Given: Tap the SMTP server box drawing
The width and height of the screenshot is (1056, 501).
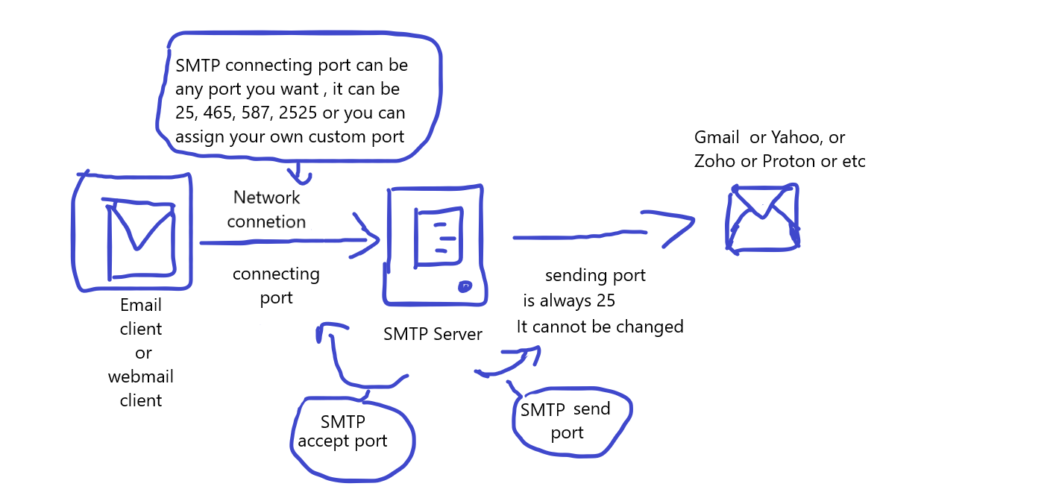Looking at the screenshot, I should click(x=436, y=246).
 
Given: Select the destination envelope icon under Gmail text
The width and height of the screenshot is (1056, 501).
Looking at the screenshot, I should click(x=762, y=218).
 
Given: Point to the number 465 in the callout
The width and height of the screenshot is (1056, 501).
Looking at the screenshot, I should click(x=218, y=113).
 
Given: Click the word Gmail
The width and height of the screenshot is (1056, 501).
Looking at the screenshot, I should click(x=717, y=138).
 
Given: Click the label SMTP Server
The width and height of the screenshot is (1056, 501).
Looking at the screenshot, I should click(x=433, y=334).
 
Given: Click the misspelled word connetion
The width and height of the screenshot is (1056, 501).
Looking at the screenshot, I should click(x=266, y=221).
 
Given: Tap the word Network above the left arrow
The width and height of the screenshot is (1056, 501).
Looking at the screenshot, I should click(x=266, y=198).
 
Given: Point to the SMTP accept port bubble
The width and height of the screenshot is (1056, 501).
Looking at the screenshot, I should click(x=351, y=436).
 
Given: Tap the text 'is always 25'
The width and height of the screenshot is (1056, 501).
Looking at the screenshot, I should click(x=568, y=301).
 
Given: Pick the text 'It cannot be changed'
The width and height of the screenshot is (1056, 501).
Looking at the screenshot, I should click(x=600, y=327).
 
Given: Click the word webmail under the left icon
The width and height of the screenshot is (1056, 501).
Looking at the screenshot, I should click(x=140, y=376).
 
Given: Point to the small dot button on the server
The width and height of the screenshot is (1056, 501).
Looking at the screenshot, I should click(x=465, y=286).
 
